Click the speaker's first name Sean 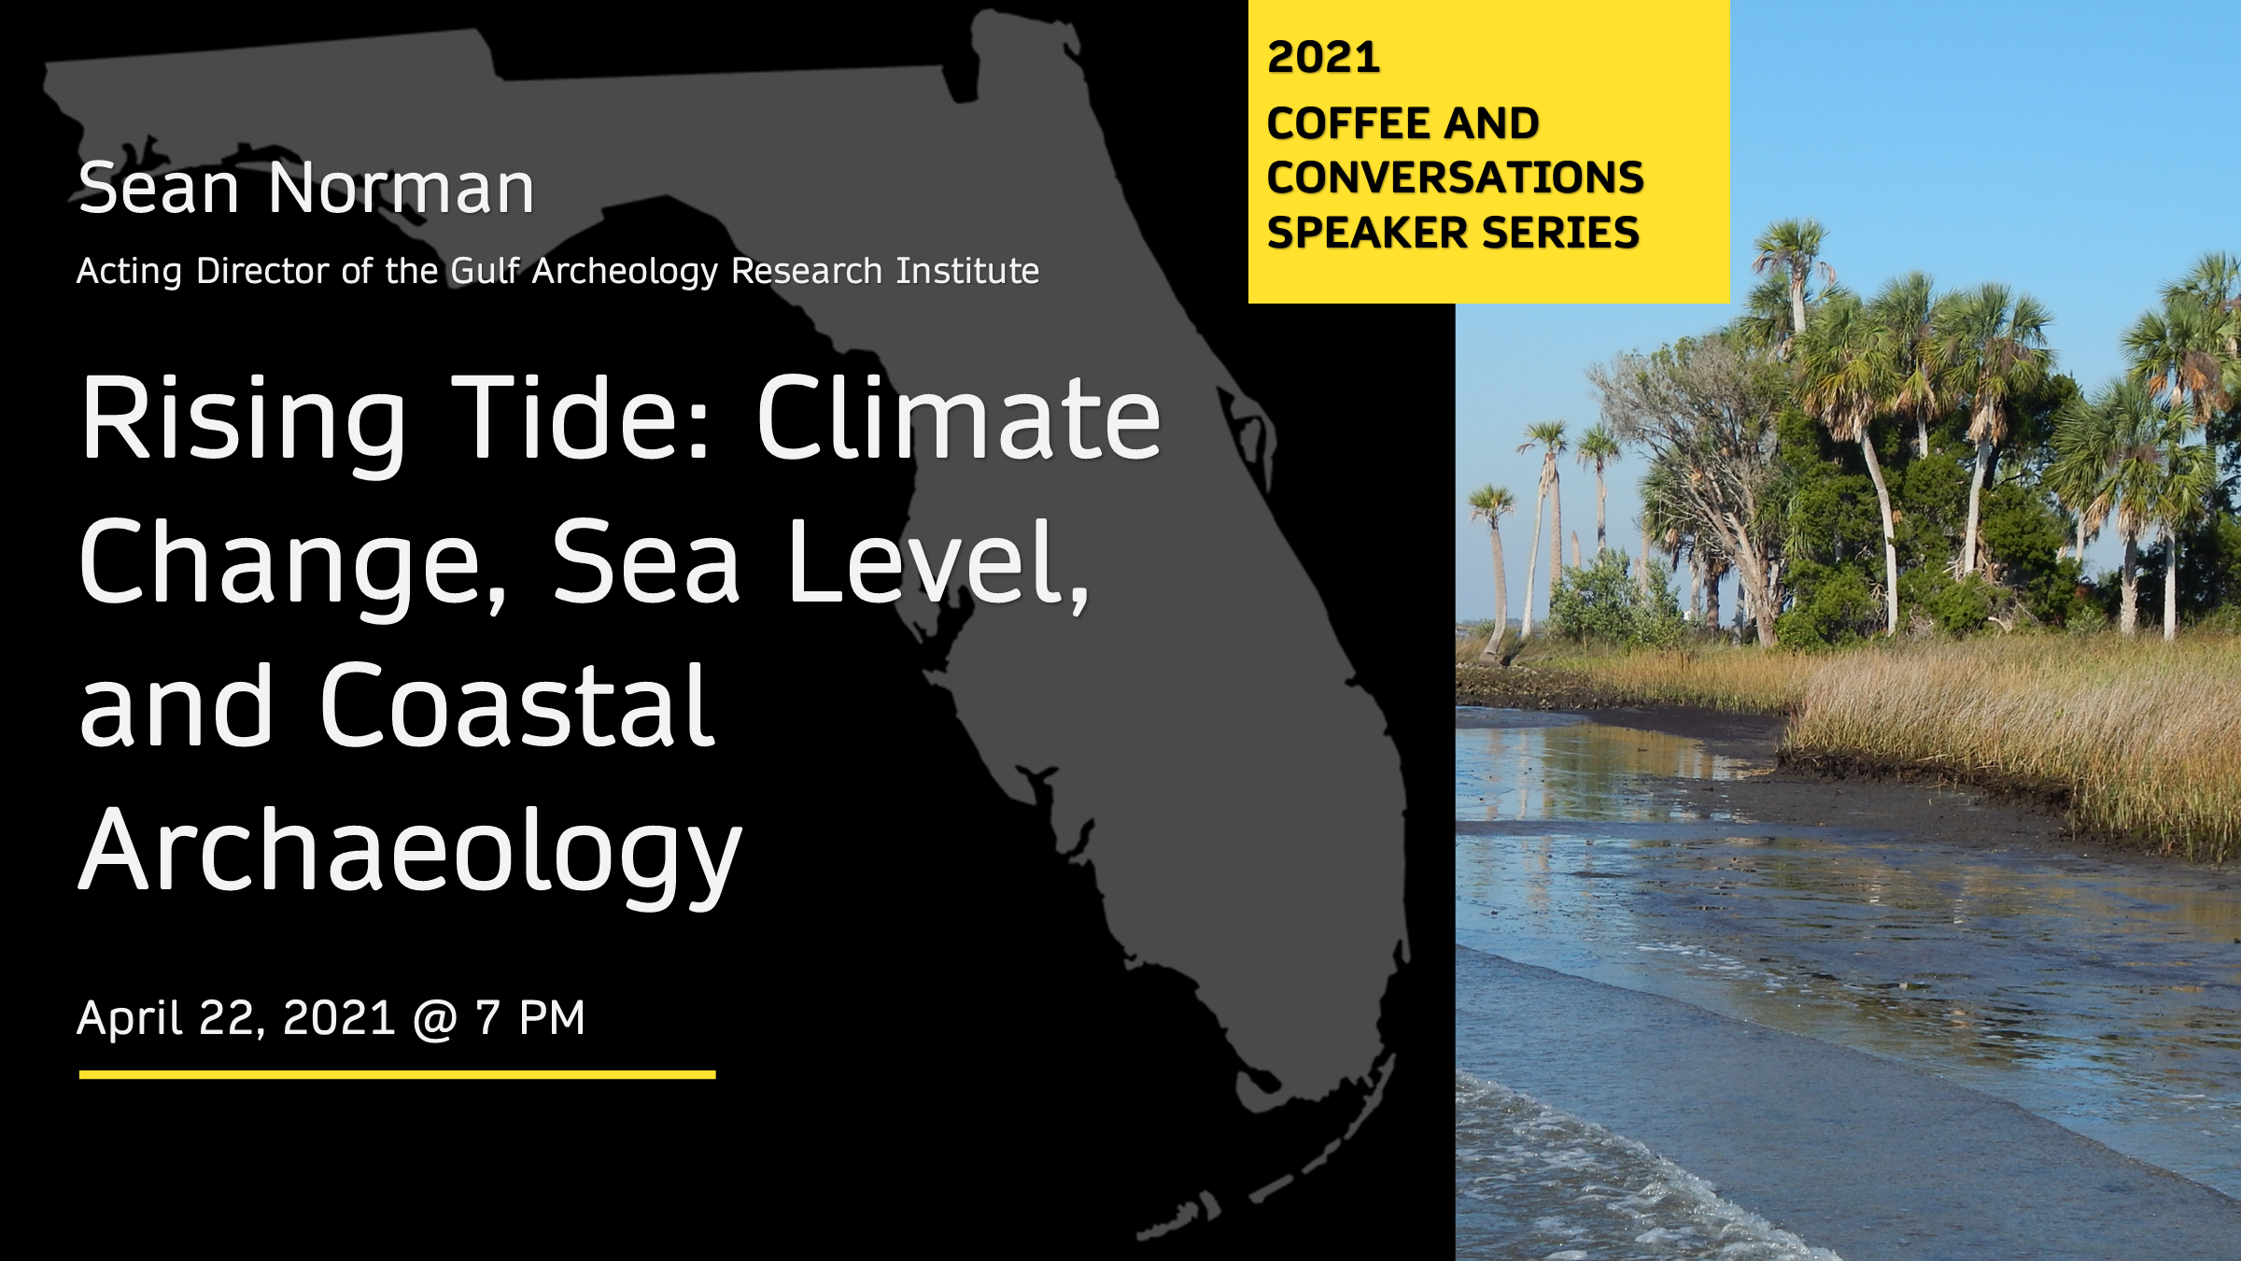pos(160,188)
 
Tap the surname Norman pos(402,188)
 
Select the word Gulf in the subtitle pos(486,270)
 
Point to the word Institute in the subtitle pos(967,270)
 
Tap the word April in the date pos(130,1018)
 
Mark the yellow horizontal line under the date pos(398,1075)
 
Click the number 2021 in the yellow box pos(1323,57)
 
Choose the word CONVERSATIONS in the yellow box pos(1455,177)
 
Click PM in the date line pos(552,1018)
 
